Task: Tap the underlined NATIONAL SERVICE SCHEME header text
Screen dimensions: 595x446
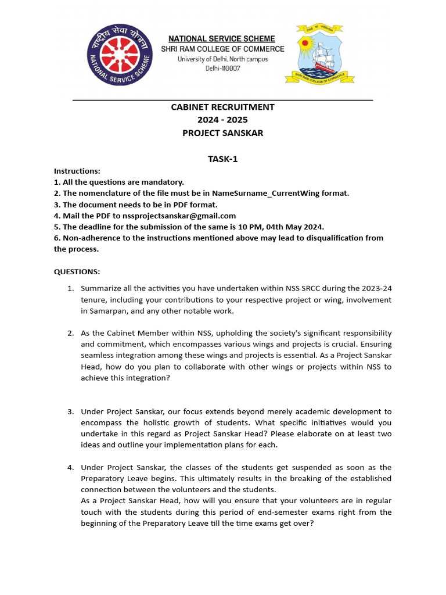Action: point(222,38)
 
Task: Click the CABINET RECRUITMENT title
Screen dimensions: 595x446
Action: point(222,107)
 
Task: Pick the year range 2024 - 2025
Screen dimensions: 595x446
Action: point(222,120)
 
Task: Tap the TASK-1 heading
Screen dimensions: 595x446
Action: point(222,159)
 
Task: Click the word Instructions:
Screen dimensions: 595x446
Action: point(77,171)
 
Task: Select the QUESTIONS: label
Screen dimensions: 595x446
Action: point(77,271)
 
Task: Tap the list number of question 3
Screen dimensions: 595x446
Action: point(70,411)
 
